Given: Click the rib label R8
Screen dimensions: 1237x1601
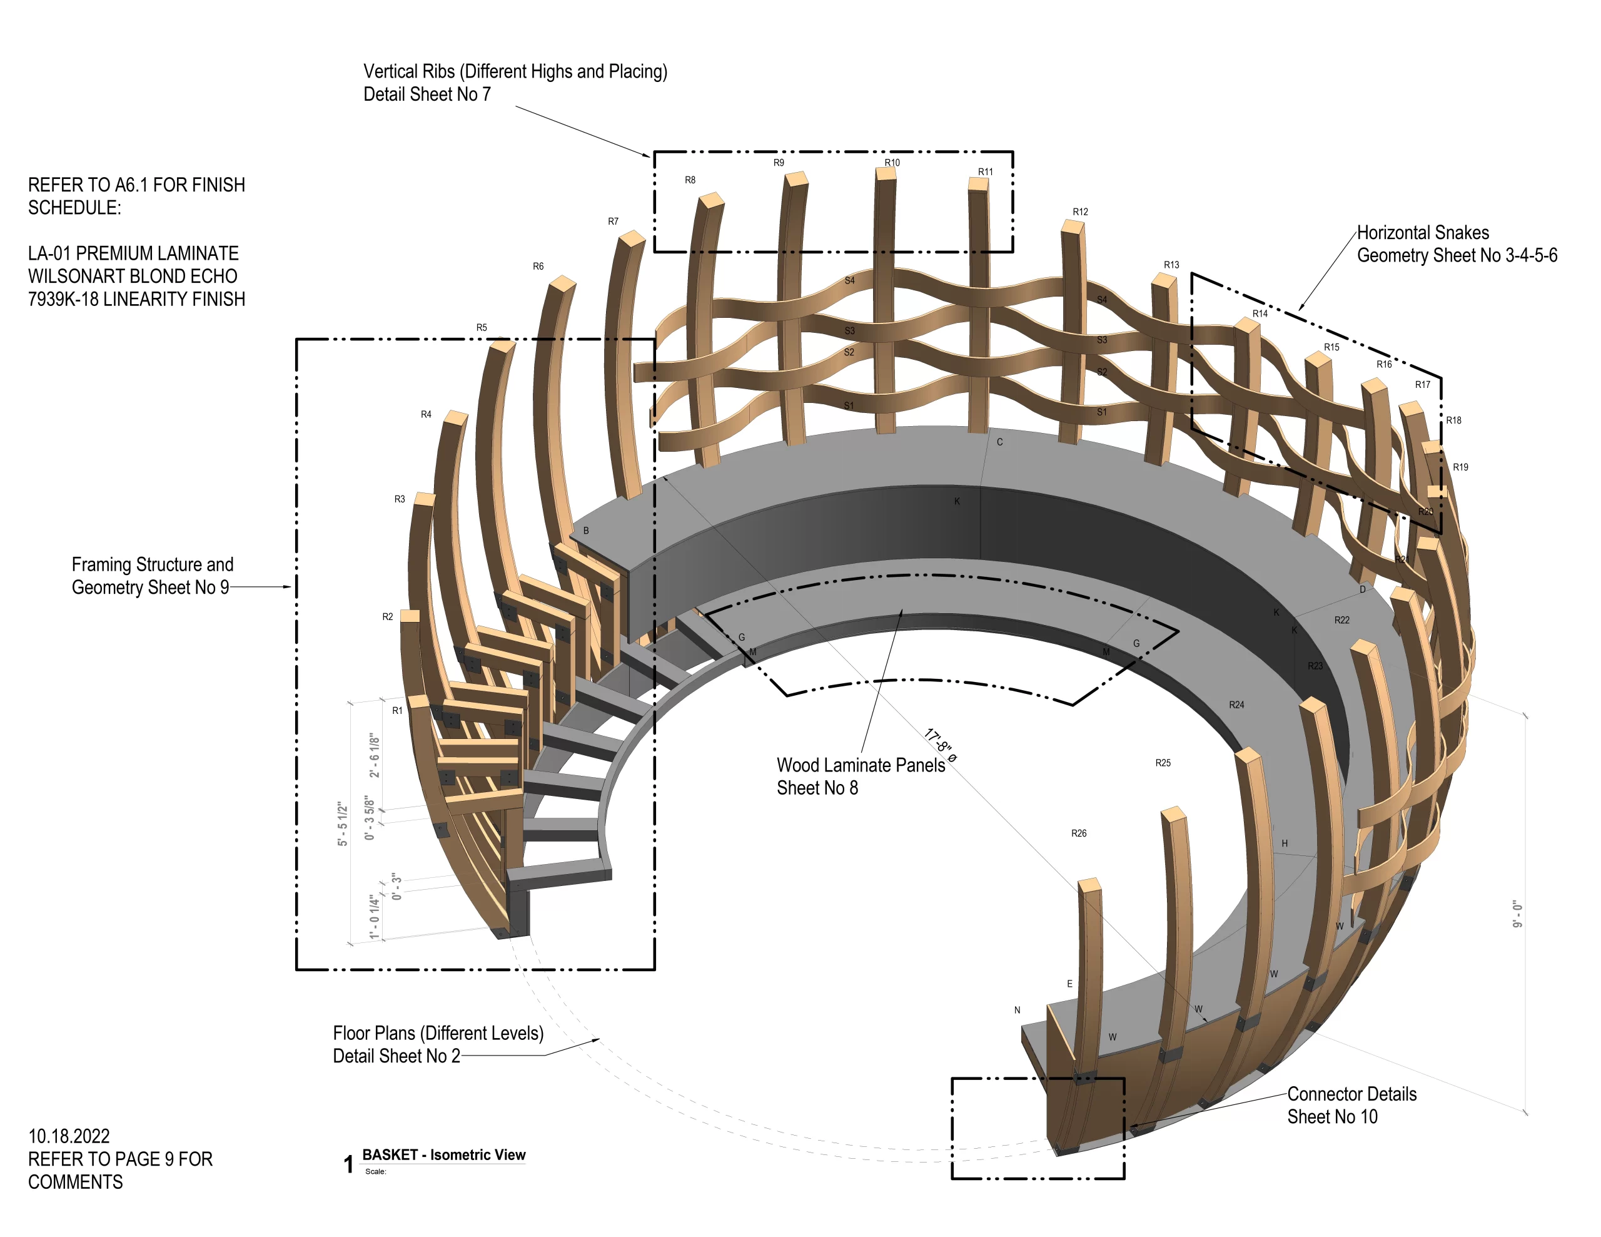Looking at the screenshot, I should (690, 180).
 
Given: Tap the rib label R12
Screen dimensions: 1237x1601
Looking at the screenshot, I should (1080, 212).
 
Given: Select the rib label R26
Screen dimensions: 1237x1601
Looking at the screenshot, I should (1078, 833).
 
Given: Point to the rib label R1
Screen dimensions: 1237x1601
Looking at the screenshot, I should (396, 711).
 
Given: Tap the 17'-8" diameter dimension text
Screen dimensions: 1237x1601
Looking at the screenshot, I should (940, 745).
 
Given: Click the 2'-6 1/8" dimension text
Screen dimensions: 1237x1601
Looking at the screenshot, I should (375, 755).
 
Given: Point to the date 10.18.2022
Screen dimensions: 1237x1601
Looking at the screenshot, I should (69, 1136).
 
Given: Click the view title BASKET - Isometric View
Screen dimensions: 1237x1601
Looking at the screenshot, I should (443, 1155).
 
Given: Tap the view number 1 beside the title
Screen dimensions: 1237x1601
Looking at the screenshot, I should (348, 1164).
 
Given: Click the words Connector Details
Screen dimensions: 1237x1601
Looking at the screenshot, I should (1351, 1094).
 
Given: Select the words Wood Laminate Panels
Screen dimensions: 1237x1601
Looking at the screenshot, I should (861, 765).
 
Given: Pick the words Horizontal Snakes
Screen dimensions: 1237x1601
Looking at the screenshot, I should (1422, 232).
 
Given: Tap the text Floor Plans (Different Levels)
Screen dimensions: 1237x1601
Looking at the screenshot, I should (438, 1033).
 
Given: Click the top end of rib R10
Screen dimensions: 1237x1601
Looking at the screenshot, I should (886, 174).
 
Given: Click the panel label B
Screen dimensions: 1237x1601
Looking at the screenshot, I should (586, 530).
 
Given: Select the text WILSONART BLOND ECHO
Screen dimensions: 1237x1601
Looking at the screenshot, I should (133, 277).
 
